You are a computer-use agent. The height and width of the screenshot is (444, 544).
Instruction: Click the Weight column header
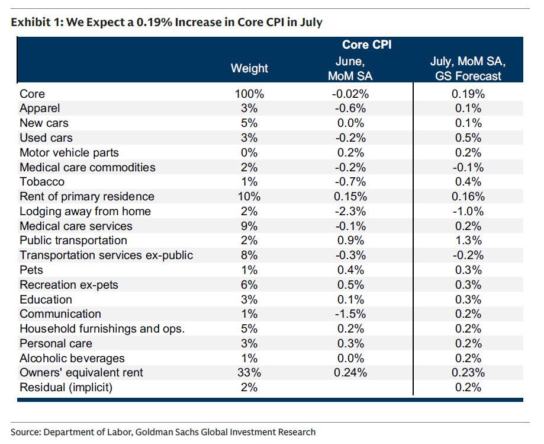coord(249,68)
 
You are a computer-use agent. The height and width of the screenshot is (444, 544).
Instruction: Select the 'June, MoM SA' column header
coord(350,68)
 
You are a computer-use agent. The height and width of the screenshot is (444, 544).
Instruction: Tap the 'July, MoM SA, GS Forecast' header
coord(468,68)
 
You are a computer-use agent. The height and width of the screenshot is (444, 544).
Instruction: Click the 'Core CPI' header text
coord(367,45)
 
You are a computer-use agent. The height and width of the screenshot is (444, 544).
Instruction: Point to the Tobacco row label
coord(42,182)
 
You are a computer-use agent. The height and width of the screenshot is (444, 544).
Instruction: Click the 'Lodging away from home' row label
coord(85,211)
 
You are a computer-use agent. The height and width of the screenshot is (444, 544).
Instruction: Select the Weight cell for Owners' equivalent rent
coord(249,372)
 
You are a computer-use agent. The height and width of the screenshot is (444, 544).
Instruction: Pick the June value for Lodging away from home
coord(350,211)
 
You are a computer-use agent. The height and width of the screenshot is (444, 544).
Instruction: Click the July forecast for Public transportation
coord(468,241)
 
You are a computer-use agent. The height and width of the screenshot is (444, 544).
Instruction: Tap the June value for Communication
coord(350,314)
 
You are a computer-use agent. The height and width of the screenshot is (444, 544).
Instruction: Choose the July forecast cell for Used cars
coord(468,138)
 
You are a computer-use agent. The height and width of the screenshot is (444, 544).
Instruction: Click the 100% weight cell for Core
coord(249,94)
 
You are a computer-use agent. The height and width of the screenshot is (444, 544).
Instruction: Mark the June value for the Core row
coord(350,94)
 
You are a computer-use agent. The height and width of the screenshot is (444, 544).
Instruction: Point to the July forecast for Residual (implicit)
coord(468,387)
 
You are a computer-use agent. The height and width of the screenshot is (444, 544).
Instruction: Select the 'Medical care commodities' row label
coord(88,167)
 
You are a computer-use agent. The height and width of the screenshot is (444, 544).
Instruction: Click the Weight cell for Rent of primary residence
coord(249,197)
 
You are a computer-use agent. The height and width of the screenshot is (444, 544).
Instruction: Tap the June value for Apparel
coord(350,108)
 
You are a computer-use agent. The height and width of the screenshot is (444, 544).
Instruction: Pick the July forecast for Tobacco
coord(468,182)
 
